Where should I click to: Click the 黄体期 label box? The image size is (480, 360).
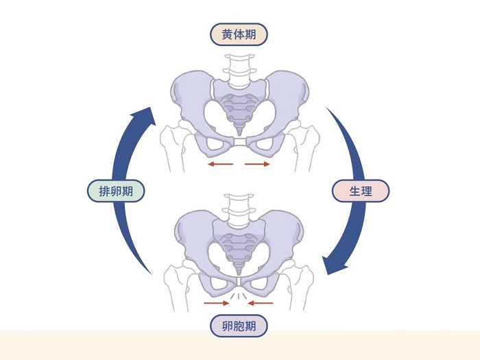239,34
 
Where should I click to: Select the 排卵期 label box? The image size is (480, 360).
116,191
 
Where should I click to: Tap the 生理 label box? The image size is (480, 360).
361,191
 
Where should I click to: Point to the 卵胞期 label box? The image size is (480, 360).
239,326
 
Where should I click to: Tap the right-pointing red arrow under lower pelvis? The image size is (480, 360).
217,302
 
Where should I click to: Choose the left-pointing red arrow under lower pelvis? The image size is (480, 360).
261,302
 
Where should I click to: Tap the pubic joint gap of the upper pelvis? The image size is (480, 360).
239,143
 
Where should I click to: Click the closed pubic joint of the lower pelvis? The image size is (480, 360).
239,283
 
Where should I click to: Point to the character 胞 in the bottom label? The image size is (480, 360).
239,326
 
